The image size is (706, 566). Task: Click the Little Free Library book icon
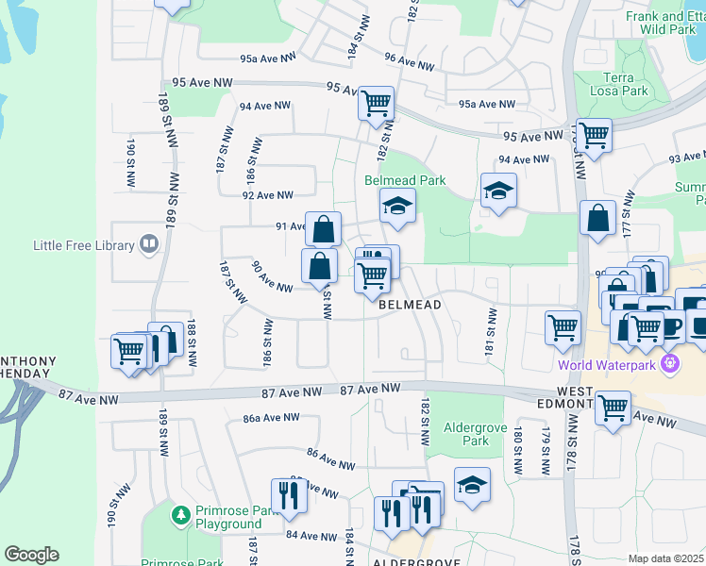point(148,245)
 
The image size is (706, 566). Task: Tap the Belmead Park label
point(405,180)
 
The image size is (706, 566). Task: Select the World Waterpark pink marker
point(670,363)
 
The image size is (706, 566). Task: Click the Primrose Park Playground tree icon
point(180,516)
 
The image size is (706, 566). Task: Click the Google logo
point(32,555)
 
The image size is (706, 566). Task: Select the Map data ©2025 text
point(665,558)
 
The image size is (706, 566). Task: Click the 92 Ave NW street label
point(268,195)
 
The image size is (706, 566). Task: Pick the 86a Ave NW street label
point(271,418)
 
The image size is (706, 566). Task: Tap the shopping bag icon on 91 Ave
point(323,228)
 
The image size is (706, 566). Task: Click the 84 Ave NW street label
point(311,536)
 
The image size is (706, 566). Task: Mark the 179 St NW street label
point(546,450)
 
